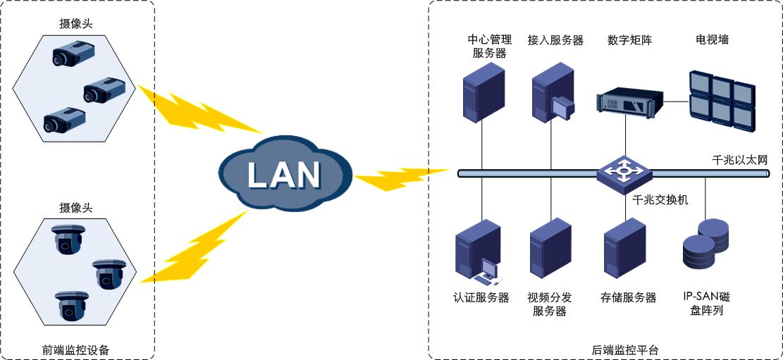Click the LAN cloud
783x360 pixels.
click(x=284, y=173)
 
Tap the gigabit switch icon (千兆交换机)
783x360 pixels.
click(x=624, y=172)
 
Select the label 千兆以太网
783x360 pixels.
click(x=739, y=161)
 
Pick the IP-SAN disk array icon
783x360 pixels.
click(x=705, y=244)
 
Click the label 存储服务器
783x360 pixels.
click(x=629, y=298)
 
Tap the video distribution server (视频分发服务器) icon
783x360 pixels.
click(x=550, y=250)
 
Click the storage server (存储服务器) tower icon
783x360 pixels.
click(x=624, y=250)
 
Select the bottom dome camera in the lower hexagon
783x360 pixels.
click(x=70, y=304)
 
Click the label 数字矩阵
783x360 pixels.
click(x=630, y=40)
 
